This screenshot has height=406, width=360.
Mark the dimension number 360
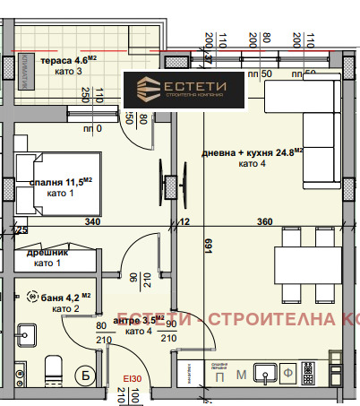click(x=264, y=222)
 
